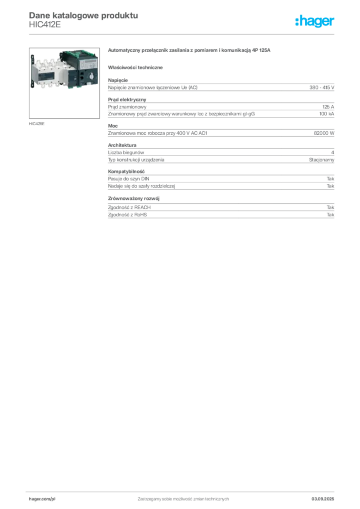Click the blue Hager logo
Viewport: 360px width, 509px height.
point(316,21)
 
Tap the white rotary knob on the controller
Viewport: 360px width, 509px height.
point(92,78)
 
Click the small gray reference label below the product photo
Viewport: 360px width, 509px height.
point(38,123)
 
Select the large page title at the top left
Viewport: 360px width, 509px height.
point(83,15)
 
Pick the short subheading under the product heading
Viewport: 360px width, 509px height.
point(137,66)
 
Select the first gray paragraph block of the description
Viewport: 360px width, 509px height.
point(220,87)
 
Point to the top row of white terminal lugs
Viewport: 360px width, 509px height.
point(47,58)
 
